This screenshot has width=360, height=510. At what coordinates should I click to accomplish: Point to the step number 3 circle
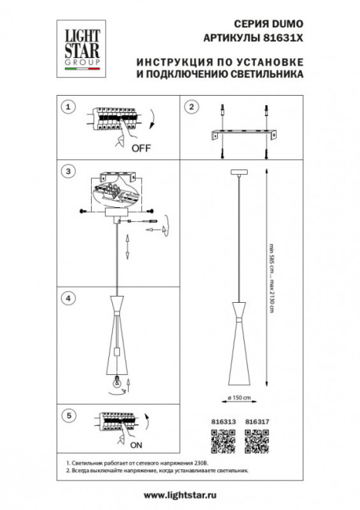click(69, 170)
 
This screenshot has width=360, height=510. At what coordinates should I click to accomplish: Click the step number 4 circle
click(69, 298)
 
